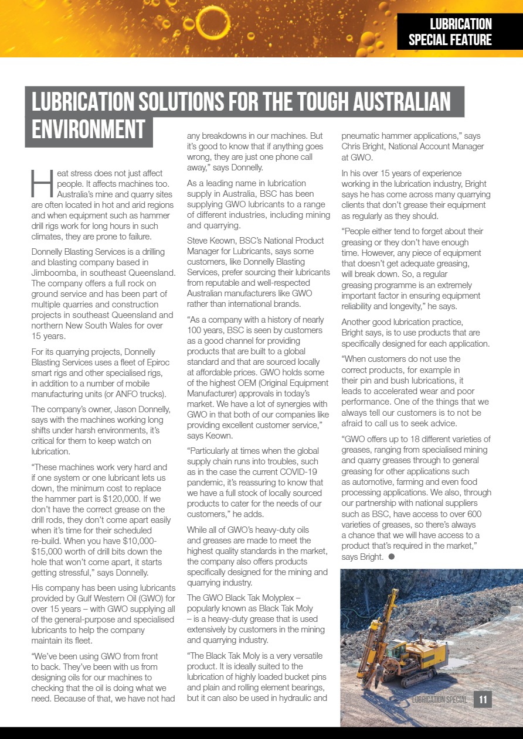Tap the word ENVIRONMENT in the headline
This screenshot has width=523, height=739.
[89, 129]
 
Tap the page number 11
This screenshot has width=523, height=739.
[483, 699]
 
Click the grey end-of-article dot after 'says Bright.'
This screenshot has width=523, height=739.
[391, 556]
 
